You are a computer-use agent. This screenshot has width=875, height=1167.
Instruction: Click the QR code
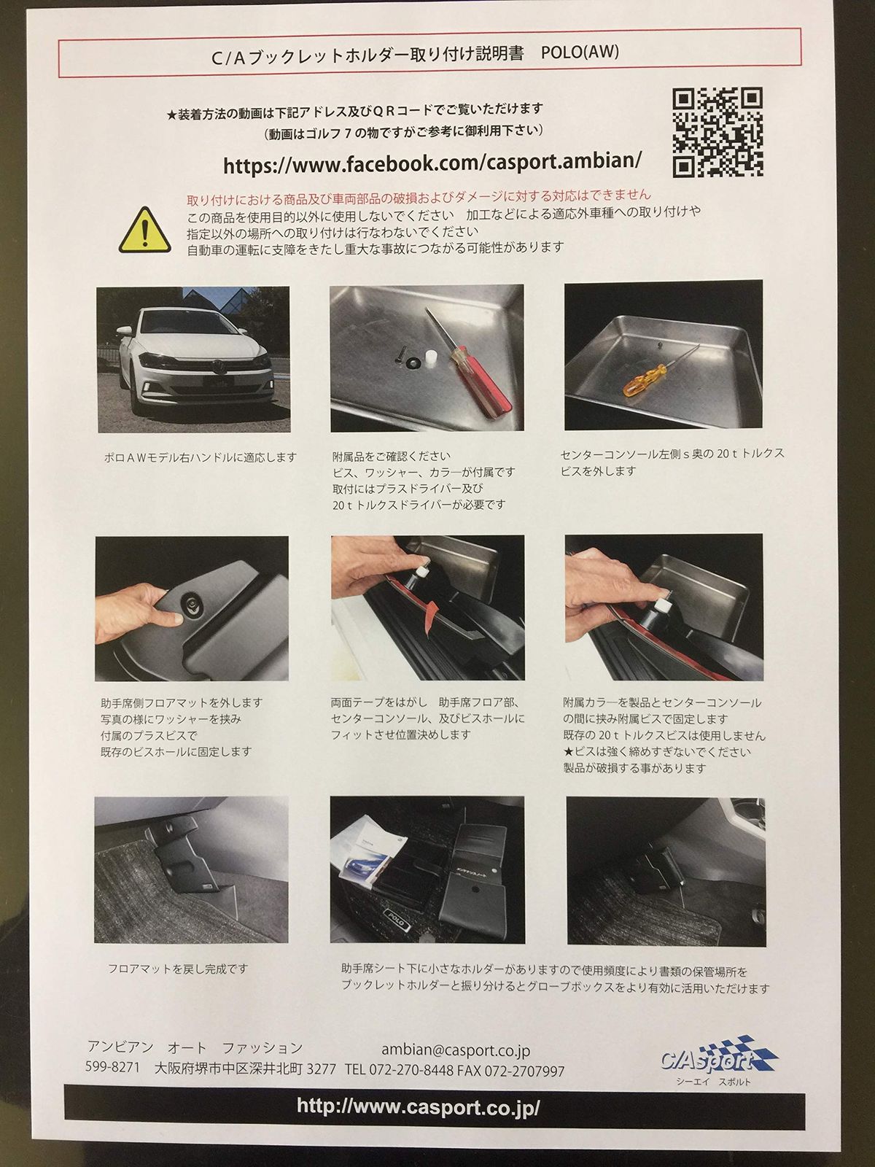pos(717,132)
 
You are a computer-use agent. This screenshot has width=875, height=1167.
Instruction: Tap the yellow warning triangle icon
pos(144,230)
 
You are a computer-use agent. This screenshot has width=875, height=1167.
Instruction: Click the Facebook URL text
pos(432,163)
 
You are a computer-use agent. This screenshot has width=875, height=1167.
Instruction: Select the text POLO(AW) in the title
pos(580,53)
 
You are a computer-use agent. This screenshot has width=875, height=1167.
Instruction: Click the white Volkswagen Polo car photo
pos(193,359)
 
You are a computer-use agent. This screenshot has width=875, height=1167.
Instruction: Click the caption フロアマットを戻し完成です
pos(178,968)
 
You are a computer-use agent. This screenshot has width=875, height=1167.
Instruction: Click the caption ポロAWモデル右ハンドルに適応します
pos(200,457)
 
